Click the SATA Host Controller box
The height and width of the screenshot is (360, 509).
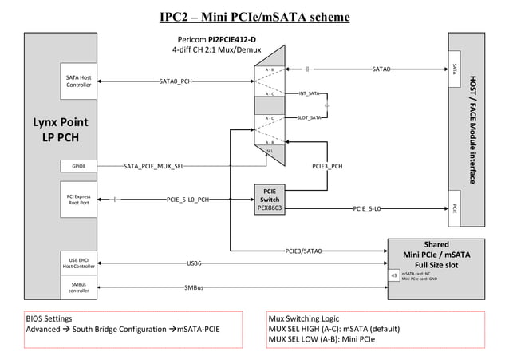78,81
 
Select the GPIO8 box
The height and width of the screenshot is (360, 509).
78,166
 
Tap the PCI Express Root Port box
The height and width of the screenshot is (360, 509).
78,199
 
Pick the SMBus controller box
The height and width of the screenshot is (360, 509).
78,287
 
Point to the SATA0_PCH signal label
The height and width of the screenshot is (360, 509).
175,81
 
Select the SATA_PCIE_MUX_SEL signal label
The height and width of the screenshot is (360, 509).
154,166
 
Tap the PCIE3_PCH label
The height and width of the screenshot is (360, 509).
327,166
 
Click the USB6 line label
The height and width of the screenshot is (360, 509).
194,262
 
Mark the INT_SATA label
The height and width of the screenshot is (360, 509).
309,94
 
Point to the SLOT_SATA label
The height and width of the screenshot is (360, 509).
309,117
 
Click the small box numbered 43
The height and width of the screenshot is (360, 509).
393,275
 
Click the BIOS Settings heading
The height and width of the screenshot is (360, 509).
49,318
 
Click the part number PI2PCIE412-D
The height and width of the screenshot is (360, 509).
232,39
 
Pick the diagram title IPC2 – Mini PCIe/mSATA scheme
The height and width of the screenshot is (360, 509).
254,17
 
